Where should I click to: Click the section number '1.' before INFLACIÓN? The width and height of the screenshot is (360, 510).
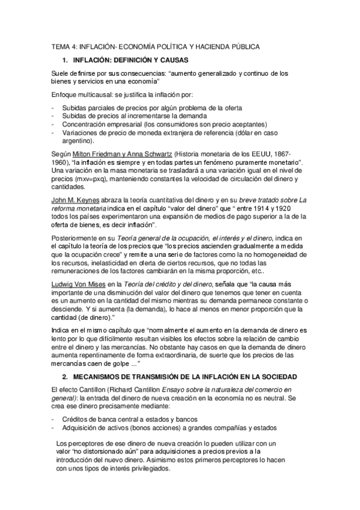[x=65, y=60]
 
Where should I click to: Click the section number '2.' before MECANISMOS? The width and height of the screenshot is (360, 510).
[x=65, y=375]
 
